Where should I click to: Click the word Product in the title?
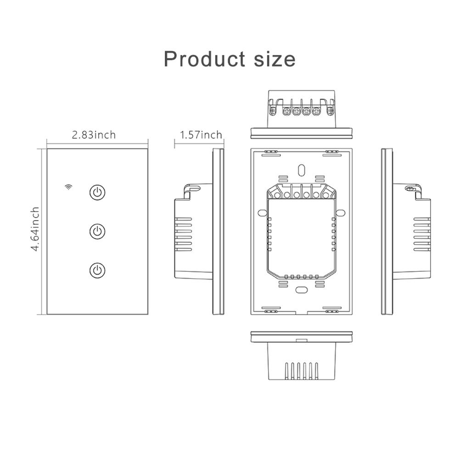point(204,59)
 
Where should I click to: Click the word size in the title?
point(274,59)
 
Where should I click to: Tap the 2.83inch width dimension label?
point(94,134)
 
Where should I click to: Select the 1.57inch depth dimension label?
point(201,134)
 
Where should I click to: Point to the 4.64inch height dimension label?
point(35,229)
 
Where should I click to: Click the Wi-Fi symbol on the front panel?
point(68,187)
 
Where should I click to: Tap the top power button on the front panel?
point(97,192)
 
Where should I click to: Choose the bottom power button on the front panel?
point(97,270)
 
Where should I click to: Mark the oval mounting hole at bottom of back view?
point(301,290)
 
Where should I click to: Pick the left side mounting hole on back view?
point(262,213)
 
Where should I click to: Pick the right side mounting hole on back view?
point(341,213)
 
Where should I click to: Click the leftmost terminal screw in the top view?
point(273,111)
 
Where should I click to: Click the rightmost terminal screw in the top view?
point(330,111)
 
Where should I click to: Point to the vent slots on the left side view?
point(183,234)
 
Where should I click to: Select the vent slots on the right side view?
point(422,234)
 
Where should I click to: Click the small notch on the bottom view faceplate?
point(302,340)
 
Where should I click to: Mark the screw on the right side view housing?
point(409,189)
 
